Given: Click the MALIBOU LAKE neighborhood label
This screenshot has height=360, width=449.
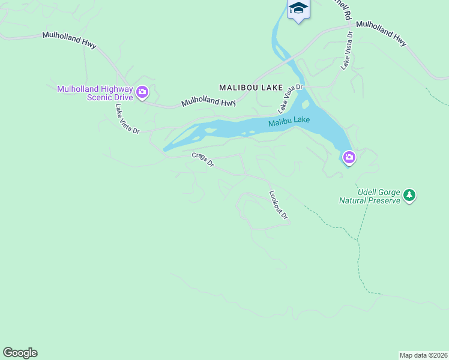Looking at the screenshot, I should point(251,88).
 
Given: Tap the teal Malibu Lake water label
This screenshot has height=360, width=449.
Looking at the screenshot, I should point(289,121).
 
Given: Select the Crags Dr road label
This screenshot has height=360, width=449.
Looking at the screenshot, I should point(203,160).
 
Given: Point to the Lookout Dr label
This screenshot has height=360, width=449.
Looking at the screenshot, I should point(279,205).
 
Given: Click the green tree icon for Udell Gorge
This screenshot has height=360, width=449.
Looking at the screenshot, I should point(409,194).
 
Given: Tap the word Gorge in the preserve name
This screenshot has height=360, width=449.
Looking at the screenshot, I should point(387,191).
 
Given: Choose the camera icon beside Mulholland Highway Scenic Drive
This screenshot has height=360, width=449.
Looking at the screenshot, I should point(142,92).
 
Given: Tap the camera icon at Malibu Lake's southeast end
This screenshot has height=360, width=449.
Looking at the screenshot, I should point(349,158).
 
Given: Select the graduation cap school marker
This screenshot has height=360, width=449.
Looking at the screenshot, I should point(298,8).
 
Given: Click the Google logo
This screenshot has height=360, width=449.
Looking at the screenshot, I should point(20,353).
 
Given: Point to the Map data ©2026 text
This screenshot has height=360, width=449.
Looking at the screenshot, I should point(423,355).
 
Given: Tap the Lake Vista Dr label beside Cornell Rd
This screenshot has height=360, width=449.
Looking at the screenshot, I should point(348,49).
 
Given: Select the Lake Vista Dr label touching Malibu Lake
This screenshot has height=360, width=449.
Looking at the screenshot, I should point(291,98).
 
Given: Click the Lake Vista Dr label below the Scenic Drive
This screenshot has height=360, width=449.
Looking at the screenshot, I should point(127,118).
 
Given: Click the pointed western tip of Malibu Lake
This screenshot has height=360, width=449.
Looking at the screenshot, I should point(165,149).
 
